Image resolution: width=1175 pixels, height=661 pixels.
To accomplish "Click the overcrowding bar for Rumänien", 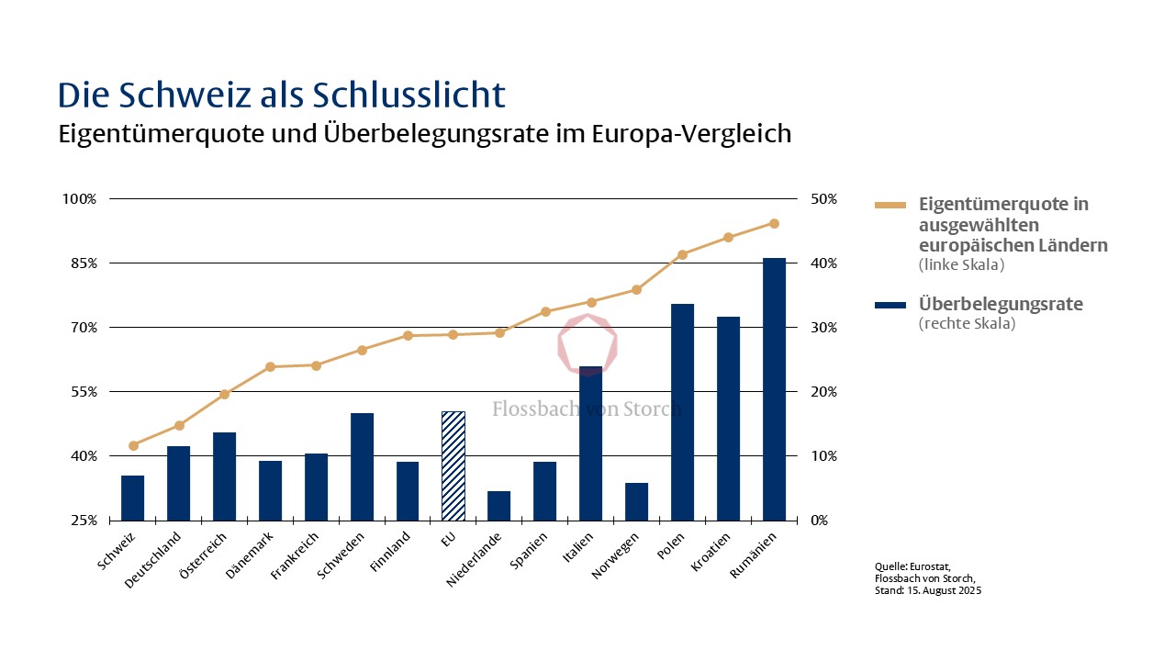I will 774,389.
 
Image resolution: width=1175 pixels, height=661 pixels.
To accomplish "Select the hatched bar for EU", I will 453,465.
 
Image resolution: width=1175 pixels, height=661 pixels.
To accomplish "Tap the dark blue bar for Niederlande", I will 499,505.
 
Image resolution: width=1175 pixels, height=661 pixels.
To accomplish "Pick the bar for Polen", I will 682,411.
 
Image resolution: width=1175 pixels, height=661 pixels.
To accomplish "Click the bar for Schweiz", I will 133,498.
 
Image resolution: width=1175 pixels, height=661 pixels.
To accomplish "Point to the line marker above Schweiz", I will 133,445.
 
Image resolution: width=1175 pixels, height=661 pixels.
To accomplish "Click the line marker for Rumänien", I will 774,223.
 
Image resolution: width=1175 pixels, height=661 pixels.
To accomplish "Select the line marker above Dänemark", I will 270,366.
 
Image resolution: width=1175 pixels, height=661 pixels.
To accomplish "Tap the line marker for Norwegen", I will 636,289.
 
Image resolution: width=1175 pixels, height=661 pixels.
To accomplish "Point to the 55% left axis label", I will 79,392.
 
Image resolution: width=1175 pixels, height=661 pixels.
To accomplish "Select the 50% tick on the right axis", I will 823,199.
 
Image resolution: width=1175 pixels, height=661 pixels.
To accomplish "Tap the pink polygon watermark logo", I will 588,343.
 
